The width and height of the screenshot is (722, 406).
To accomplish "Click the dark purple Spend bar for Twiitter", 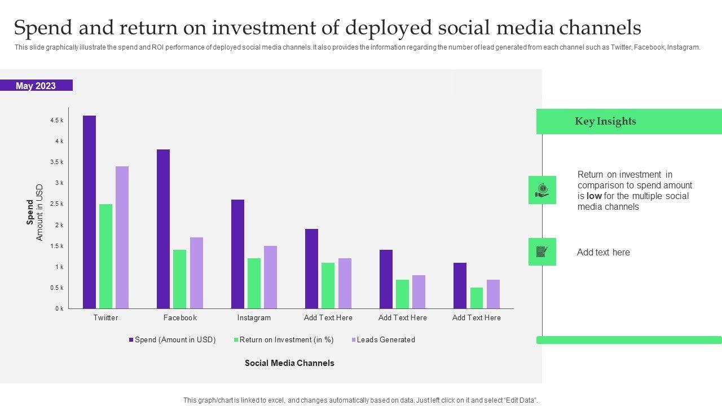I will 89,212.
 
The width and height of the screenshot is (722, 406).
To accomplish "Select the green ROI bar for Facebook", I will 179,279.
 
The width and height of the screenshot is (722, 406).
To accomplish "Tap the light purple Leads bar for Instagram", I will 270,277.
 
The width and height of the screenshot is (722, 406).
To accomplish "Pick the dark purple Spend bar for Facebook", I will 163,229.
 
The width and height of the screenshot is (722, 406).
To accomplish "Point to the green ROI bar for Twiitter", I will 105,256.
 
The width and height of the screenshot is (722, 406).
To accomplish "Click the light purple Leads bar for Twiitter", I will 122,237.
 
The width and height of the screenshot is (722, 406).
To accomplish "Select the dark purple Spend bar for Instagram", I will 237,254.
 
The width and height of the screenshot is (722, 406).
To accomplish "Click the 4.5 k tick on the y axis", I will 56,120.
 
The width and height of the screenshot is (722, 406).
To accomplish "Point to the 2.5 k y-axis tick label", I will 56,204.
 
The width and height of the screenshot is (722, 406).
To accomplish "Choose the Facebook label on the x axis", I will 180,317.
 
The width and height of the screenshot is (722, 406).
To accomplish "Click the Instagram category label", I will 254,317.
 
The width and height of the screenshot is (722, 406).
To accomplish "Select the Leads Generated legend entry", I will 386,339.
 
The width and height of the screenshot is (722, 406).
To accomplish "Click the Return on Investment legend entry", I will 287,339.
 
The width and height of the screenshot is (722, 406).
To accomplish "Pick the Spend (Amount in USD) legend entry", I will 175,339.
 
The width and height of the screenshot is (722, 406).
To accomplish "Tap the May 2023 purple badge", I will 36,86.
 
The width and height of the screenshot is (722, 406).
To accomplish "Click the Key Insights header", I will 605,121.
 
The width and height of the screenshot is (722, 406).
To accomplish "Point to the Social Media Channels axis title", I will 289,363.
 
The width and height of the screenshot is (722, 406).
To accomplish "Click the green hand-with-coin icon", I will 542,190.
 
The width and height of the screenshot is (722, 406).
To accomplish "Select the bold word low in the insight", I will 594,196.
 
